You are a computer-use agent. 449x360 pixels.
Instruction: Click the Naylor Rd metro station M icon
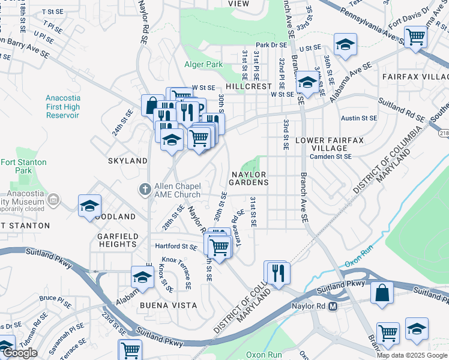(x=333, y=307)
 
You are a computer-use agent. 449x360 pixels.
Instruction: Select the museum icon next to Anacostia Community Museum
(x=53, y=199)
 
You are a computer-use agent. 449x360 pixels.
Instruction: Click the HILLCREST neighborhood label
(x=249, y=86)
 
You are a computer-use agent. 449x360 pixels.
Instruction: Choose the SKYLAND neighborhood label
(x=127, y=161)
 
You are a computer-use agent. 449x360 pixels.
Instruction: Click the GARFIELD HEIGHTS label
(x=117, y=241)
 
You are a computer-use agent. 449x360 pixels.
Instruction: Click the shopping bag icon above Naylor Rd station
(x=382, y=293)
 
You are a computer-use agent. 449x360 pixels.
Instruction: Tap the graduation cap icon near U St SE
(x=345, y=44)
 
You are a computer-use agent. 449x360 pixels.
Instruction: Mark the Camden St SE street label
(x=330, y=157)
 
